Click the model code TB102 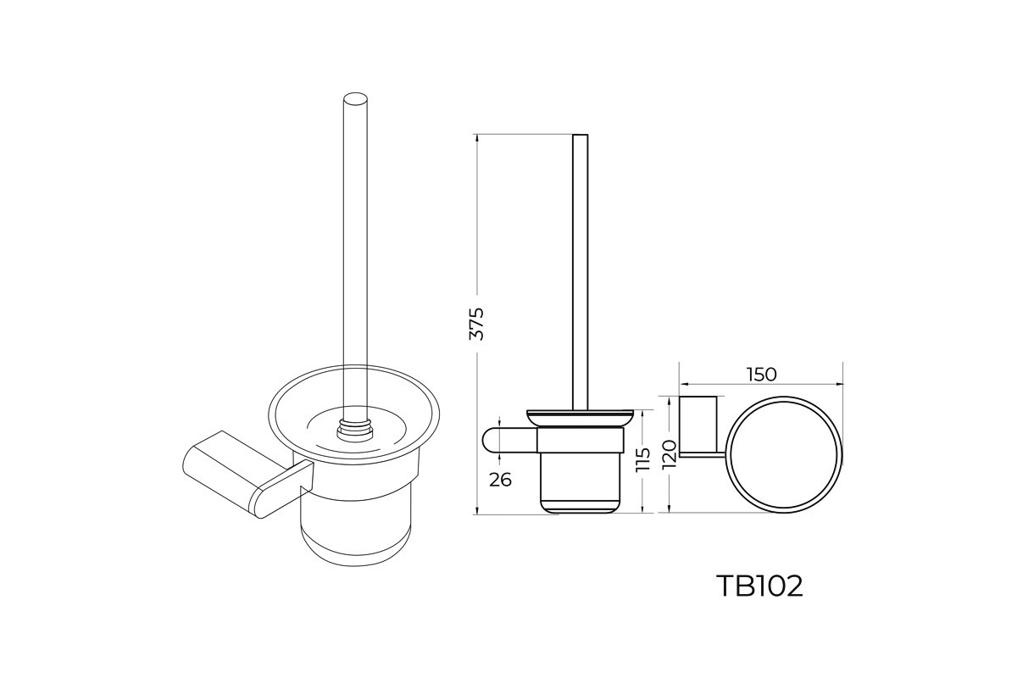[x=760, y=586]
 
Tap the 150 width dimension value [x=761, y=375]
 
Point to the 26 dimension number [x=500, y=480]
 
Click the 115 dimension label [x=643, y=459]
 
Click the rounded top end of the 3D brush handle [x=355, y=100]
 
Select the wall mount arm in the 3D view [x=247, y=472]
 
